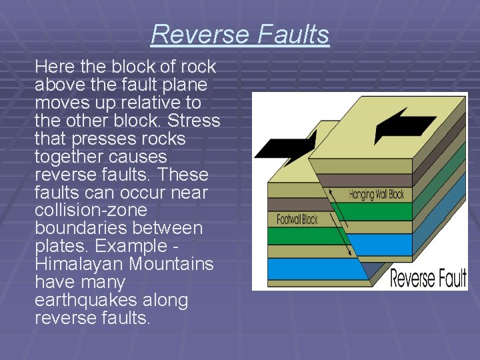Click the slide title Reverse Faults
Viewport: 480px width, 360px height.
coord(240,34)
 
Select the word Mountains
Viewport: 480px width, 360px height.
coord(171,264)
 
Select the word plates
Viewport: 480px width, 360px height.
coord(59,246)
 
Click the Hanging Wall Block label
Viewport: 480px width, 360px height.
coord(377,195)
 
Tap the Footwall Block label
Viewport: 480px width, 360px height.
coord(297,219)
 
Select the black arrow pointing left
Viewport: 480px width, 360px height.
coord(404,125)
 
